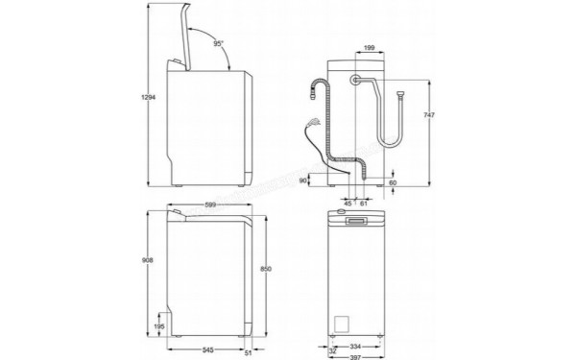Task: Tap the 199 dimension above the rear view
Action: (x=370, y=46)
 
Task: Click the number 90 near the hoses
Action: (x=303, y=179)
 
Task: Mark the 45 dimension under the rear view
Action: (x=348, y=204)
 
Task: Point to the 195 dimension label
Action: (x=159, y=327)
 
